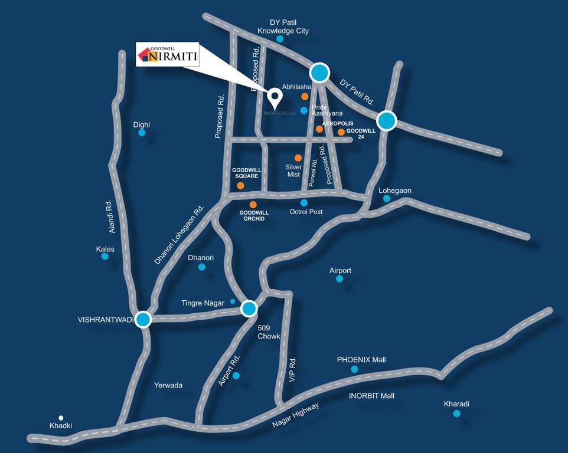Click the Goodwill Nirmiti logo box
(168, 54)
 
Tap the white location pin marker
(275, 95)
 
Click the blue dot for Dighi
(142, 133)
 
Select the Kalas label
(105, 249)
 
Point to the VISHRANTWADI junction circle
(143, 320)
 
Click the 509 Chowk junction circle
(249, 308)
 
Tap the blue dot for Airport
(340, 278)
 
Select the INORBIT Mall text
(371, 396)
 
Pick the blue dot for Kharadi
(456, 413)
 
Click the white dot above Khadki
(61, 417)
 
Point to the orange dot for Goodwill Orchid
(253, 205)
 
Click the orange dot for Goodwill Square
(240, 185)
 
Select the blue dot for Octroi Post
(303, 202)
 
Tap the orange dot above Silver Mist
(298, 158)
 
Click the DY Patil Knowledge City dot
(280, 39)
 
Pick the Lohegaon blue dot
(387, 199)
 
